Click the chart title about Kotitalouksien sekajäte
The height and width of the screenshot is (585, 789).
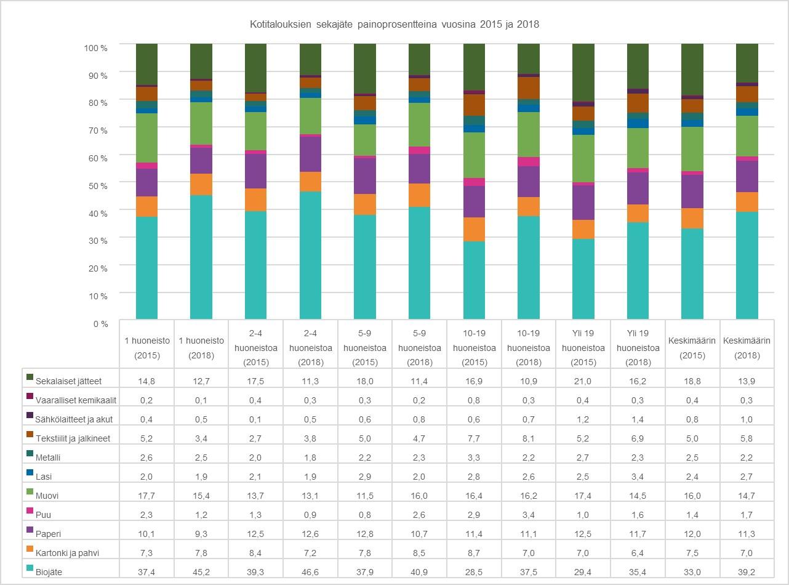tap(394, 25)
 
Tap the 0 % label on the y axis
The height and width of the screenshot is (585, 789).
tap(100, 323)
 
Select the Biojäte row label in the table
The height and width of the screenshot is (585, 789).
tap(49, 572)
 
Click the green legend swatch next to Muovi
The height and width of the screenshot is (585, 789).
tap(30, 494)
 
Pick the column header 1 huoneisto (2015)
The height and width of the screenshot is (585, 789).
tap(146, 348)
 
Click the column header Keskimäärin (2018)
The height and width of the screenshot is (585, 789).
tap(747, 348)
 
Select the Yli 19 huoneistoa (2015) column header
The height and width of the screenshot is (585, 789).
tap(582, 348)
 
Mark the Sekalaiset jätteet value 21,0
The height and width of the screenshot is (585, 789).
tap(582, 381)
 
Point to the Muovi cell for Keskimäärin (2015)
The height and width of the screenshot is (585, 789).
tap(692, 496)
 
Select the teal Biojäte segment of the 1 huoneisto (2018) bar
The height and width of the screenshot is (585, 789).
tap(201, 259)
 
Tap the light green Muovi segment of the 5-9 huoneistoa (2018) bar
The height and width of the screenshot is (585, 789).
tap(419, 124)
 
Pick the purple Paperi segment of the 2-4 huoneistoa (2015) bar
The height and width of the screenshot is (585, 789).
tap(255, 171)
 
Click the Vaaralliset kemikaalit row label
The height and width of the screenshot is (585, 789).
tap(76, 400)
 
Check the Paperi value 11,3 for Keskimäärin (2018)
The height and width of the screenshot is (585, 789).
tap(747, 534)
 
